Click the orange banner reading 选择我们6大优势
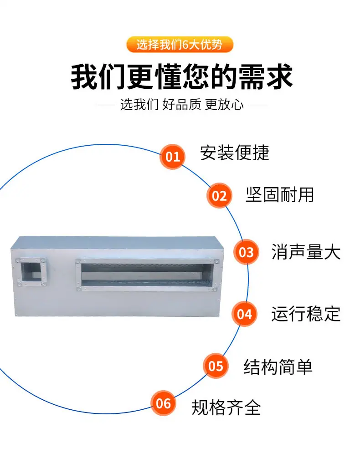click(x=180, y=45)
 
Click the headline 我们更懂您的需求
click(x=182, y=77)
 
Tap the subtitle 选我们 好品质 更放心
click(x=182, y=104)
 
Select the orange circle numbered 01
click(x=172, y=157)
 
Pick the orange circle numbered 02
click(x=219, y=196)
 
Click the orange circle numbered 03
click(x=246, y=252)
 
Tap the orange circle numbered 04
click(x=244, y=314)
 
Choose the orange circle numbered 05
click(x=216, y=366)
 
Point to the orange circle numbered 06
click(x=163, y=403)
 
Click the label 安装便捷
click(x=235, y=153)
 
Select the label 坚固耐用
click(x=280, y=194)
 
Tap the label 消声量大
click(x=306, y=252)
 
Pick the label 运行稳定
click(x=306, y=314)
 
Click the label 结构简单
click(x=278, y=367)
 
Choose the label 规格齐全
click(x=226, y=407)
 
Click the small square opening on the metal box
click(x=31, y=272)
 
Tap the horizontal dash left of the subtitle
click(x=107, y=104)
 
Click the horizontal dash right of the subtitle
click(x=258, y=104)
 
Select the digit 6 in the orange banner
click(x=185, y=45)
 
